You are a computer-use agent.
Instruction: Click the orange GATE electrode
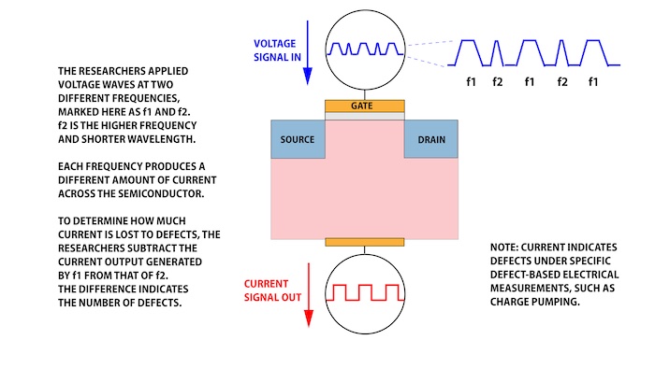pos(365,106)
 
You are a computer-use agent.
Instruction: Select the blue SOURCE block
pos(298,140)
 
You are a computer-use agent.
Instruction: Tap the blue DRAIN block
pos(430,140)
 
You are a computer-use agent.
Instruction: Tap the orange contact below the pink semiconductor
pos(365,242)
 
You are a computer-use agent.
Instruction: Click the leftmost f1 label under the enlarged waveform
pos(472,82)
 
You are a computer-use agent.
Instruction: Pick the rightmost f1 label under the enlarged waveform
pos(592,82)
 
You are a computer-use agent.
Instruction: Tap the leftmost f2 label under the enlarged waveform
pos(499,82)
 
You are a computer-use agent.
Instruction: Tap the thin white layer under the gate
pos(365,116)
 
